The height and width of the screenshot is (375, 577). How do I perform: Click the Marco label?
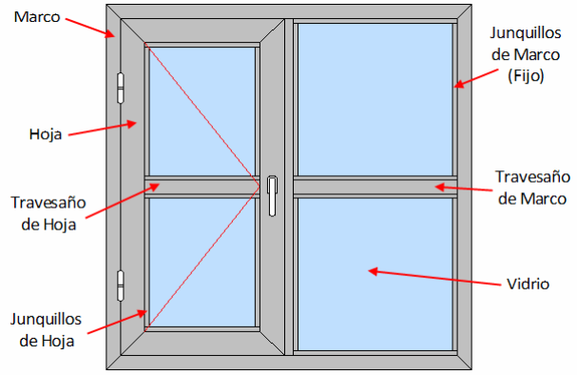(37, 17)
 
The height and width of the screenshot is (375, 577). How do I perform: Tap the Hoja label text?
(46, 134)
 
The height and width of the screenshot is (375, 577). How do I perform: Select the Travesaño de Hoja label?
(48, 213)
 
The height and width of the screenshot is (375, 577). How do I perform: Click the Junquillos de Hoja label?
(47, 329)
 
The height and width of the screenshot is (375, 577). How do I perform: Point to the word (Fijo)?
(526, 76)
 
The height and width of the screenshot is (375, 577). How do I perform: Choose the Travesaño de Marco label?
(532, 187)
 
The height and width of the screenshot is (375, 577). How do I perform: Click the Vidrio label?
(529, 284)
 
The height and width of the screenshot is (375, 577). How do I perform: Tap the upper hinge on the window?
(120, 89)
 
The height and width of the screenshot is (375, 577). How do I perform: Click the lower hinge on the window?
(120, 286)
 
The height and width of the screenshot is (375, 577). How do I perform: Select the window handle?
(272, 195)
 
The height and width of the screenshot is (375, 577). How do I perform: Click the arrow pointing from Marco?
(90, 28)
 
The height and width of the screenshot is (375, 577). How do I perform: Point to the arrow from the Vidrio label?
(434, 278)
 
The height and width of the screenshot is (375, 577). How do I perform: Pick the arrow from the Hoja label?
(103, 128)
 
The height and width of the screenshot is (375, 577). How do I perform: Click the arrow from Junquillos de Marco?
(476, 78)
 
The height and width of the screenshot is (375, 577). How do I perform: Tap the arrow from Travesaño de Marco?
(463, 188)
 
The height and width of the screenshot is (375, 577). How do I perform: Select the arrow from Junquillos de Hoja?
(117, 322)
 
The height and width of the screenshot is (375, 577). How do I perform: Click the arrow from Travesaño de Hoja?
(123, 201)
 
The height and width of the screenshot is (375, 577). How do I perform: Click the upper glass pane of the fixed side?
(375, 99)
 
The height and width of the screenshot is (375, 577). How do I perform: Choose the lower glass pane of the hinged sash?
(202, 263)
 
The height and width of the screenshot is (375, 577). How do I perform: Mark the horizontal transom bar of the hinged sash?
(202, 187)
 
